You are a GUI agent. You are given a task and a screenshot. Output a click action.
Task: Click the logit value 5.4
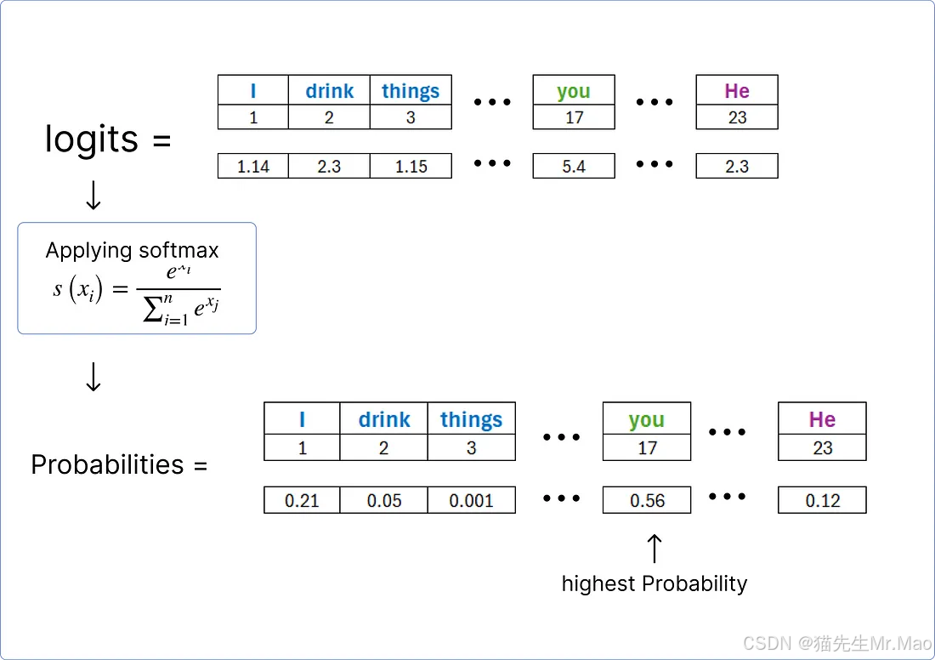pyautogui.click(x=574, y=167)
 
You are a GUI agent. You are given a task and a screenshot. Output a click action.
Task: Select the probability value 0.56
pyautogui.click(x=647, y=501)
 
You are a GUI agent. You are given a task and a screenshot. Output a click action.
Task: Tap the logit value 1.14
pyautogui.click(x=253, y=167)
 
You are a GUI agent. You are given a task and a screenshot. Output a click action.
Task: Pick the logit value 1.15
pyautogui.click(x=411, y=167)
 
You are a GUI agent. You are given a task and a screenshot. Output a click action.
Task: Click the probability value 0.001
pyautogui.click(x=472, y=501)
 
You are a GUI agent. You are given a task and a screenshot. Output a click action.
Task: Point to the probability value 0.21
pyautogui.click(x=302, y=501)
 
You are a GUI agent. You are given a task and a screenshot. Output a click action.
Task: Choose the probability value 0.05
pyautogui.click(x=383, y=501)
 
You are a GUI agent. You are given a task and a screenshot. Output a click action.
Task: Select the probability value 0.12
pyautogui.click(x=822, y=501)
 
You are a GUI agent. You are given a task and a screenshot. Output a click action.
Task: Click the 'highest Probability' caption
pyautogui.click(x=654, y=583)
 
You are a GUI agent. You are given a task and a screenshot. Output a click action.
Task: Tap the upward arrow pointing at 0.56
pyautogui.click(x=654, y=549)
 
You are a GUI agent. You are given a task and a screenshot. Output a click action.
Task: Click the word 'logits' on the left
pyautogui.click(x=92, y=139)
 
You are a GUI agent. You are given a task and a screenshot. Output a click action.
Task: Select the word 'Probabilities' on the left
pyautogui.click(x=107, y=464)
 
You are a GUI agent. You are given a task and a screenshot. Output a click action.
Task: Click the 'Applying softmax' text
pyautogui.click(x=132, y=250)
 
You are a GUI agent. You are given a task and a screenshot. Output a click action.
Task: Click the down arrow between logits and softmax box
pyautogui.click(x=93, y=195)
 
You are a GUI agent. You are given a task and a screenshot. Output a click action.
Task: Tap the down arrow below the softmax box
pyautogui.click(x=93, y=376)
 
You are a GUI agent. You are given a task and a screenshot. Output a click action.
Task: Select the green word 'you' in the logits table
pyautogui.click(x=574, y=91)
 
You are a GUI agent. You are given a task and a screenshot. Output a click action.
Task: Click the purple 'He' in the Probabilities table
pyautogui.click(x=822, y=419)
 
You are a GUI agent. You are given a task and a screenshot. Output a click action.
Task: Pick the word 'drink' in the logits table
pyautogui.click(x=329, y=91)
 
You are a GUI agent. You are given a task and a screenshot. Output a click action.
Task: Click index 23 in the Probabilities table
pyautogui.click(x=822, y=447)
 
